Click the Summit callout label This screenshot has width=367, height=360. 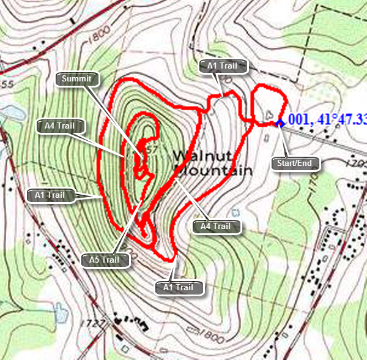click(x=76, y=78)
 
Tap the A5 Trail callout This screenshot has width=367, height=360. click(x=106, y=260)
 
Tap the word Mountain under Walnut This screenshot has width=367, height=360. click(x=213, y=170)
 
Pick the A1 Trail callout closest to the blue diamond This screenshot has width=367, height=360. click(x=226, y=66)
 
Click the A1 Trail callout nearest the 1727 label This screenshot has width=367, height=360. click(x=178, y=286)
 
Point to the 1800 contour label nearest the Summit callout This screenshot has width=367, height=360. click(x=98, y=38)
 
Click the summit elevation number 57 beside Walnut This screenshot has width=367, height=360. click(x=160, y=150)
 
